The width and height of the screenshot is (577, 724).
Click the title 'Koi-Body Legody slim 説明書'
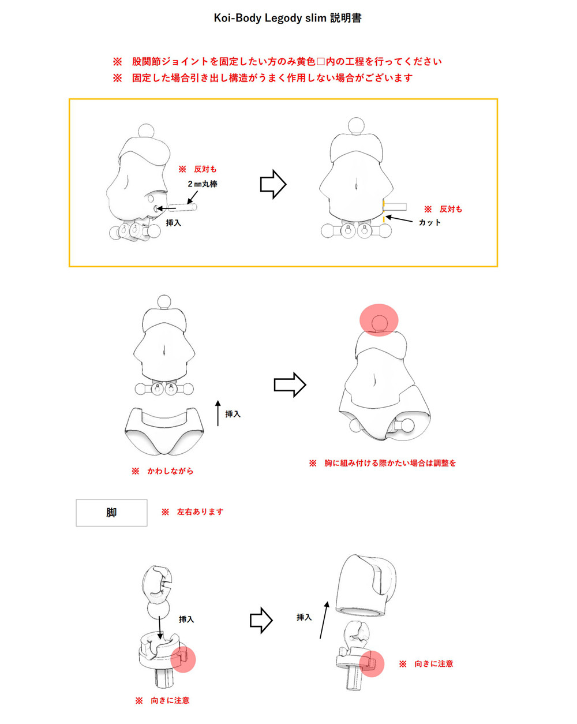288,18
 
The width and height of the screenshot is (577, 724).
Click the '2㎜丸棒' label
203,184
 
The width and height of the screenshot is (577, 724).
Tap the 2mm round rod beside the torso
182,207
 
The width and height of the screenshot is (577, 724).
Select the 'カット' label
429,222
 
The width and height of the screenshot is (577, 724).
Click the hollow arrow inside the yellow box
273,184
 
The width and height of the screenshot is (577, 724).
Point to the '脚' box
111,513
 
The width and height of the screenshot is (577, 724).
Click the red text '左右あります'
200,512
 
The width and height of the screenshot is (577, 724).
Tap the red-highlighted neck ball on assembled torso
379,320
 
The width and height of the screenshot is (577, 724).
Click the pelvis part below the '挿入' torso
164,431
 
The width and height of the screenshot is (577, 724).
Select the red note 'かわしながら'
170,471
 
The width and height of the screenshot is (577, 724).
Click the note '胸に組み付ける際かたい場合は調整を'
390,463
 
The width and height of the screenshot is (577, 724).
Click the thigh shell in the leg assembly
366,586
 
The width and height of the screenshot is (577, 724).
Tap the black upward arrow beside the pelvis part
218,413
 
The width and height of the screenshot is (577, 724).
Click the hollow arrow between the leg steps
261,621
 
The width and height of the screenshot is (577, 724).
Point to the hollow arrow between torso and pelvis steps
290,385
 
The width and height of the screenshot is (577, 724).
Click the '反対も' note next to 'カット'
451,209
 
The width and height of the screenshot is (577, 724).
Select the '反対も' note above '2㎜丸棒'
205,169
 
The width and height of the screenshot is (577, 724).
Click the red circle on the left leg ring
183,659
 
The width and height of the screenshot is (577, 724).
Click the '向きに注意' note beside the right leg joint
434,664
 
